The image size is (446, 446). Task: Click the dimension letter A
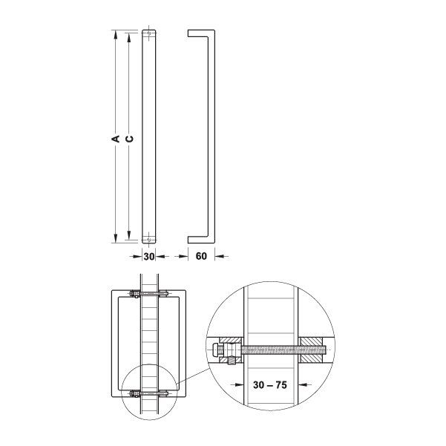click(116, 137)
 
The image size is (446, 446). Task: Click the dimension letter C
click(129, 137)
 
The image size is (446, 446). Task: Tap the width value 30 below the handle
click(148, 256)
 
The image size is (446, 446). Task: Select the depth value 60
click(201, 256)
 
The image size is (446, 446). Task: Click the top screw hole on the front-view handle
click(149, 33)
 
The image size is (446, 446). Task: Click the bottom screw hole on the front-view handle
click(149, 239)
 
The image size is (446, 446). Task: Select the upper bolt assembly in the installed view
click(149, 297)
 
